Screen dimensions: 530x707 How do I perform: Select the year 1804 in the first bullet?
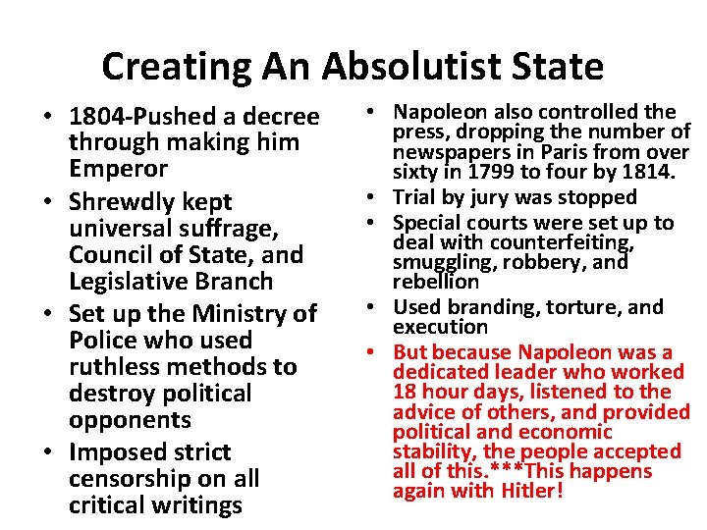coord(95,117)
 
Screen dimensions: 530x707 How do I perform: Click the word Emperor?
coord(118,169)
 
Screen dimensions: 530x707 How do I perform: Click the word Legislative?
coord(134,282)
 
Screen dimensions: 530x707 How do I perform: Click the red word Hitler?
coord(529,490)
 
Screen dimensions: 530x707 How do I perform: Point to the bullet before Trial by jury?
coord(378,198)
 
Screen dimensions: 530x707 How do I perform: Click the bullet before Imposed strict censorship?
coord(47,453)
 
